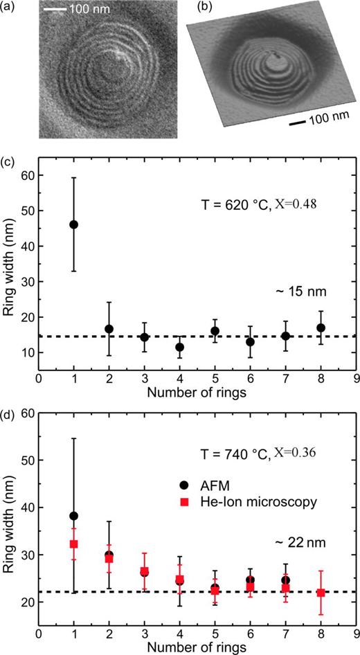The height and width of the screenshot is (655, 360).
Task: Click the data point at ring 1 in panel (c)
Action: pyautogui.click(x=73, y=224)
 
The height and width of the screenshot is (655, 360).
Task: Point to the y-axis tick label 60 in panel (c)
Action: pyautogui.click(x=28, y=175)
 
